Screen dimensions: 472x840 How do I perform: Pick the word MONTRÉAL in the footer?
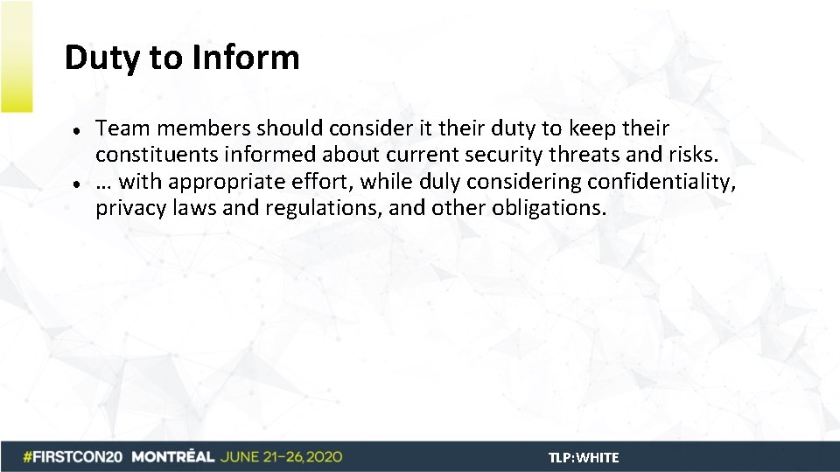click(x=172, y=457)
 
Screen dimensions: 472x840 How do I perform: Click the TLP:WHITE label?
click(x=584, y=457)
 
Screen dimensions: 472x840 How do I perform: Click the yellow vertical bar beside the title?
click(x=16, y=56)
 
